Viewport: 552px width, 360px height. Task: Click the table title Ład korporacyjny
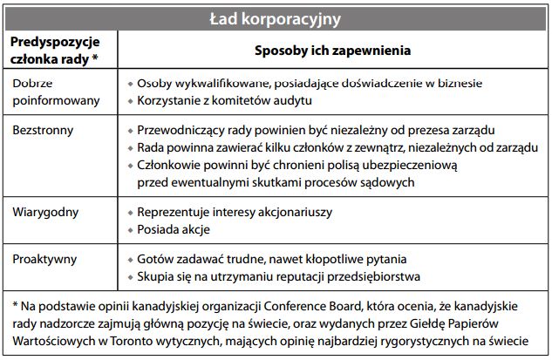coord(276,17)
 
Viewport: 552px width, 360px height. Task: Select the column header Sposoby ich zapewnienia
coord(333,51)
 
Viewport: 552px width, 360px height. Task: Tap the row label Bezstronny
coord(41,129)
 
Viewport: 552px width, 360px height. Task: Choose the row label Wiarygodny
coord(43,212)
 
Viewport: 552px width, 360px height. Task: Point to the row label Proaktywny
coord(43,259)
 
